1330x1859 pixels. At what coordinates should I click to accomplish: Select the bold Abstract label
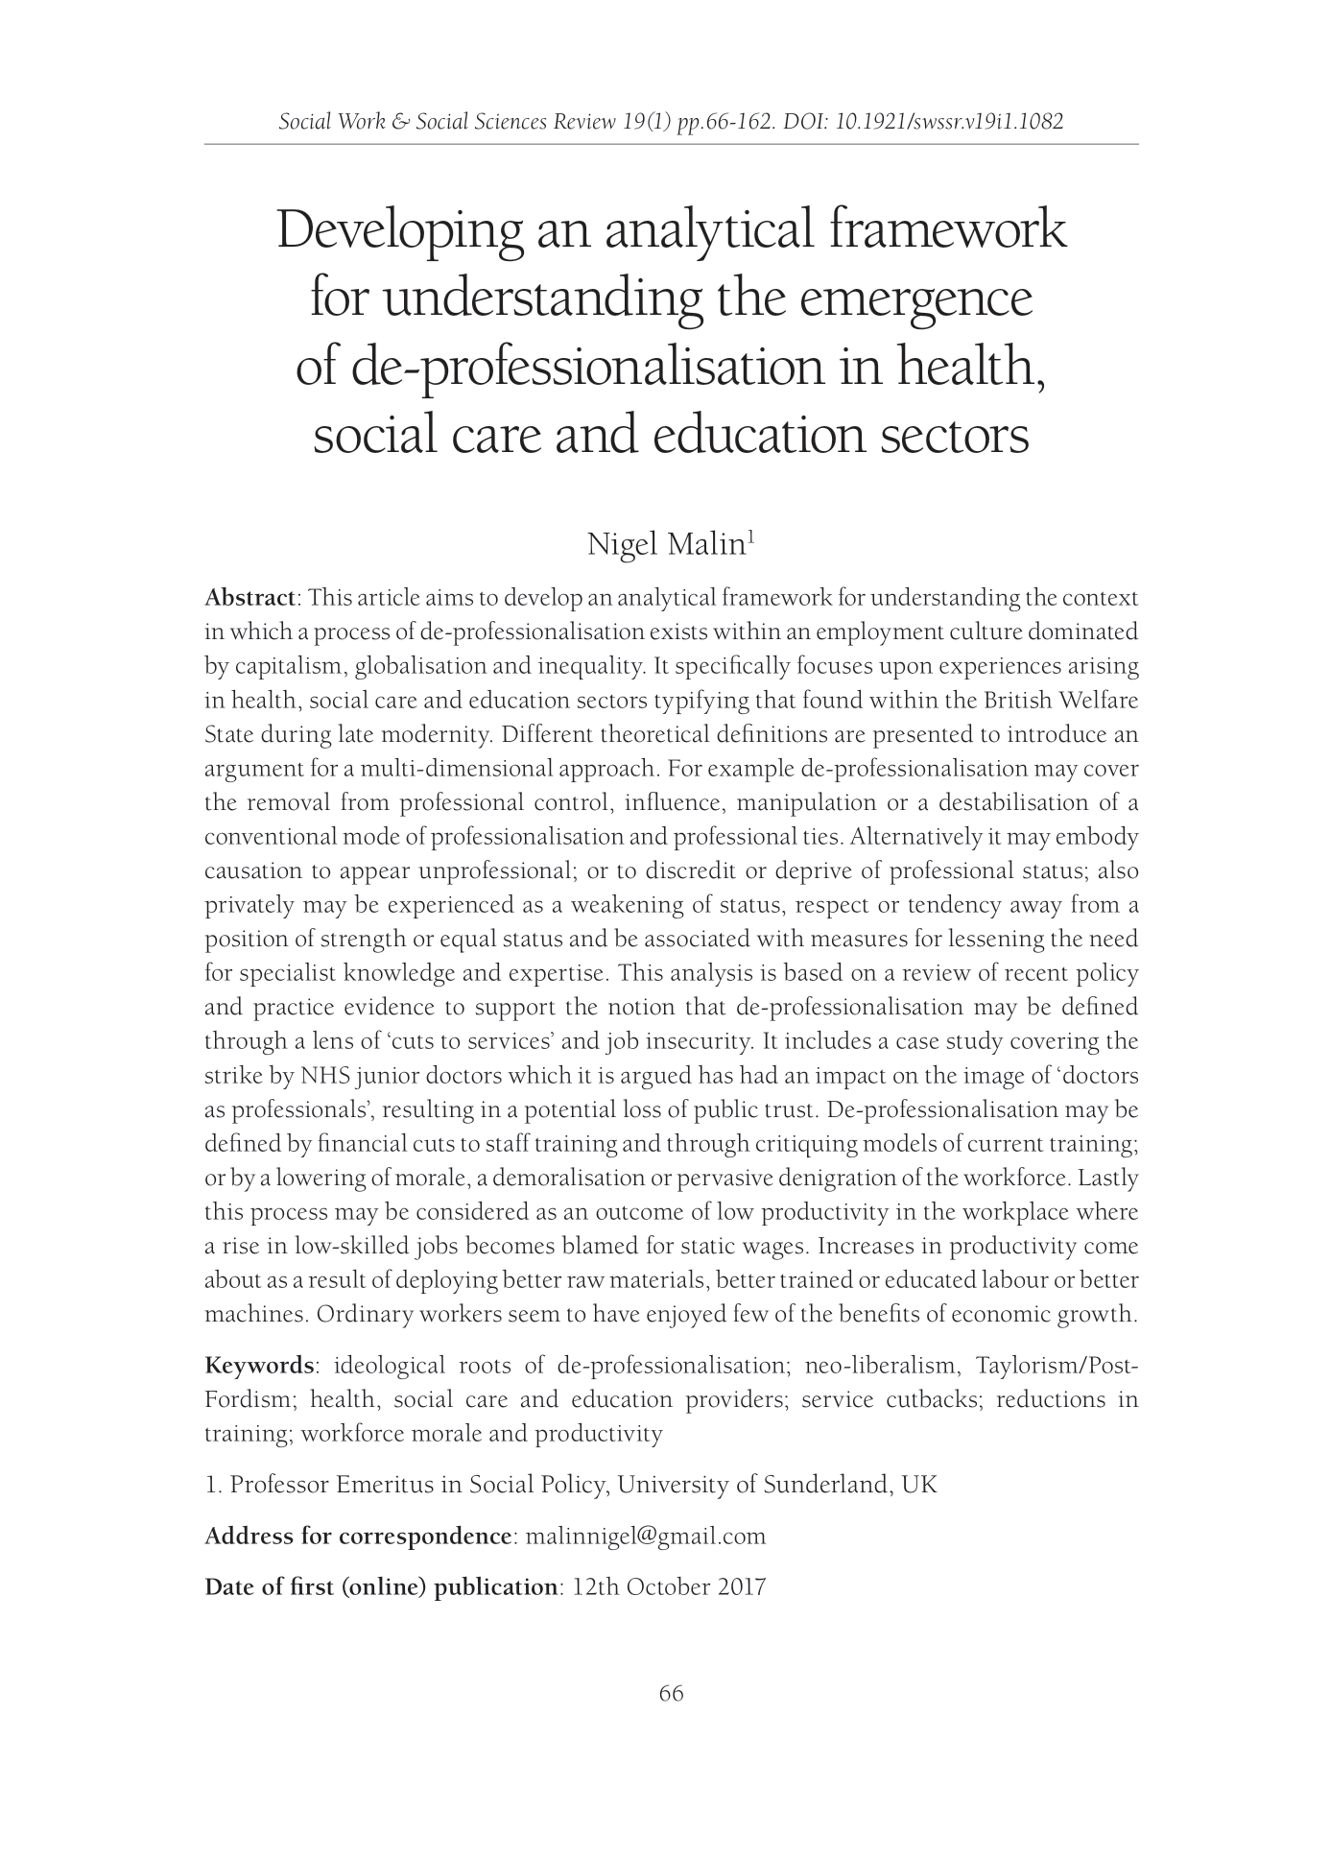pos(249,598)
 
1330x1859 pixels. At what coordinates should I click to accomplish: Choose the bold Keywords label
pos(259,1366)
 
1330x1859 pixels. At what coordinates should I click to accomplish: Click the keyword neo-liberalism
pos(880,1366)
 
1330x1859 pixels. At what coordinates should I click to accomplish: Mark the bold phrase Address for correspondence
pos(357,1537)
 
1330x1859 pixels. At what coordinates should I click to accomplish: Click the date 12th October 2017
pos(668,1587)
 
